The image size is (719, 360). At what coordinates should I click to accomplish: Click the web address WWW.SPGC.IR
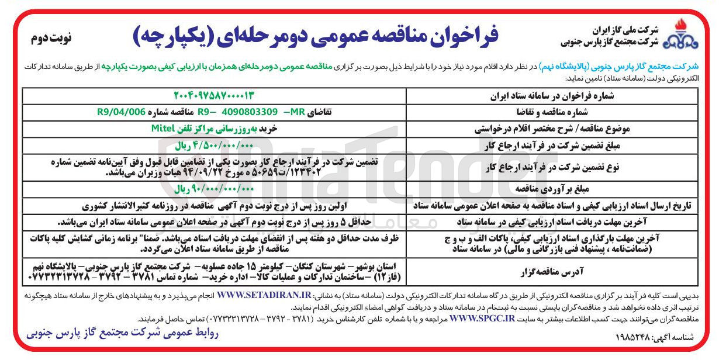click(483, 319)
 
